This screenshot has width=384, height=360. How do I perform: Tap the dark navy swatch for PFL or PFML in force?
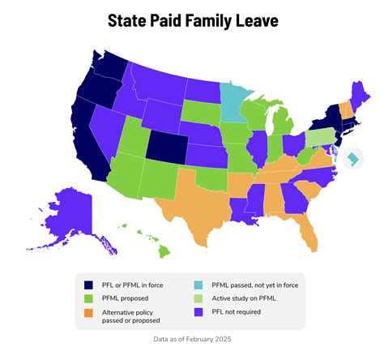coord(89,284)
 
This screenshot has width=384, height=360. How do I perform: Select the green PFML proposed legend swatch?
coord(89,298)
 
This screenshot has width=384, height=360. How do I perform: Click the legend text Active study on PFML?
coord(243,298)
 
